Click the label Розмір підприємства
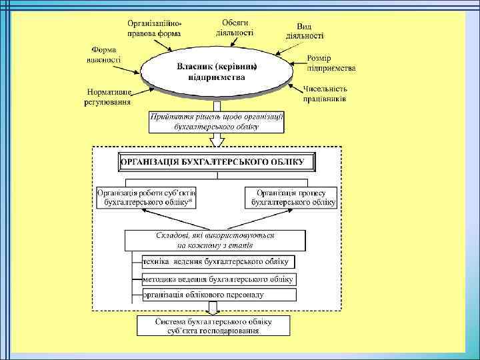pos(331,63)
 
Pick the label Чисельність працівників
pos(325,94)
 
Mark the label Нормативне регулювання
pos(107,97)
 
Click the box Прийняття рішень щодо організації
pos(217,120)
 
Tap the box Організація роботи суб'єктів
pos(145,196)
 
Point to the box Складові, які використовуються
pos(215,240)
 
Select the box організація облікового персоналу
pos(219,295)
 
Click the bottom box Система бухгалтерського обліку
pos(214,325)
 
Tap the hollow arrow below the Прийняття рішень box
pos(217,141)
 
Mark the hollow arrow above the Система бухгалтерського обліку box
pos(214,308)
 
